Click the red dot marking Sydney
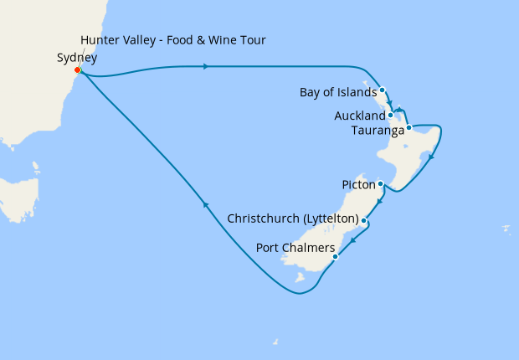(77, 70)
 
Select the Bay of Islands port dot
(382, 90)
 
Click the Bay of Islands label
(337, 91)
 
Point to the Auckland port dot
(391, 115)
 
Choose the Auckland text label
(359, 116)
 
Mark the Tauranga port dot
(409, 128)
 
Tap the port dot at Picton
(380, 183)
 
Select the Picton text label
(357, 183)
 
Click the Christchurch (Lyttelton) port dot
(363, 220)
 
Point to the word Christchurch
(259, 219)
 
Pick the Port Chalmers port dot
(335, 257)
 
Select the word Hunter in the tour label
(100, 40)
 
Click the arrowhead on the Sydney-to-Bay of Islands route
(206, 67)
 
